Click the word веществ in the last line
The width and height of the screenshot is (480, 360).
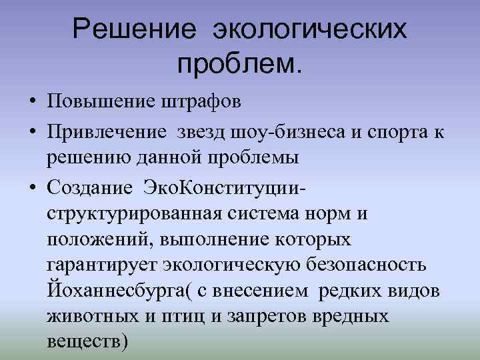[83, 341]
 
